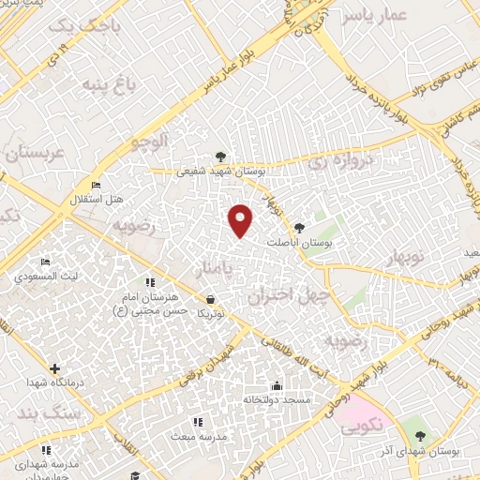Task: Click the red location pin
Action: click(242, 219)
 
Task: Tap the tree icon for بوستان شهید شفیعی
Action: click(220, 157)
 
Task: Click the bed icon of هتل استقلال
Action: click(96, 186)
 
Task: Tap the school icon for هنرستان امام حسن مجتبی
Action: click(149, 282)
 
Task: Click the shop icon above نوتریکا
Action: click(211, 300)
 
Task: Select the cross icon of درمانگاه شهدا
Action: click(54, 368)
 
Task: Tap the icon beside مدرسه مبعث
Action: click(196, 423)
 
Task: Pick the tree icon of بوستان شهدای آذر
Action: click(420, 436)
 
